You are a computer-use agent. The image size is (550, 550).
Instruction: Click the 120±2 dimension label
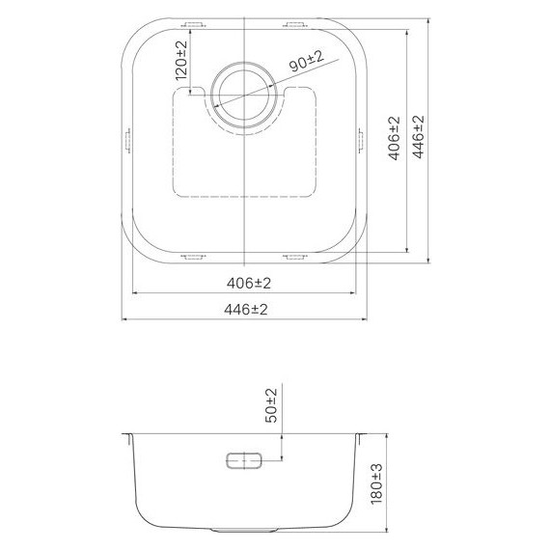coord(179,61)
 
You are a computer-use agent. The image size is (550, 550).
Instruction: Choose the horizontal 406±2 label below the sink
coord(246,283)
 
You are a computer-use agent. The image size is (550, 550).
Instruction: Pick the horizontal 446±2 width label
coord(246,309)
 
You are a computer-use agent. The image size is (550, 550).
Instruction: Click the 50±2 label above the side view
coord(271,405)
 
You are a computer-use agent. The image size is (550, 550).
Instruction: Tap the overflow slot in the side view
coord(245,460)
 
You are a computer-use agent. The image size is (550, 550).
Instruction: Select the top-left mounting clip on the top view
coord(193,23)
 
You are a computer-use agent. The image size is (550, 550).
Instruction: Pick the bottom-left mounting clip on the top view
coord(193,257)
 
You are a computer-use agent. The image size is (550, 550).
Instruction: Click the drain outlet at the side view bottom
coord(245,531)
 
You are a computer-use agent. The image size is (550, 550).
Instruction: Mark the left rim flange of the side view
coord(127,435)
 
